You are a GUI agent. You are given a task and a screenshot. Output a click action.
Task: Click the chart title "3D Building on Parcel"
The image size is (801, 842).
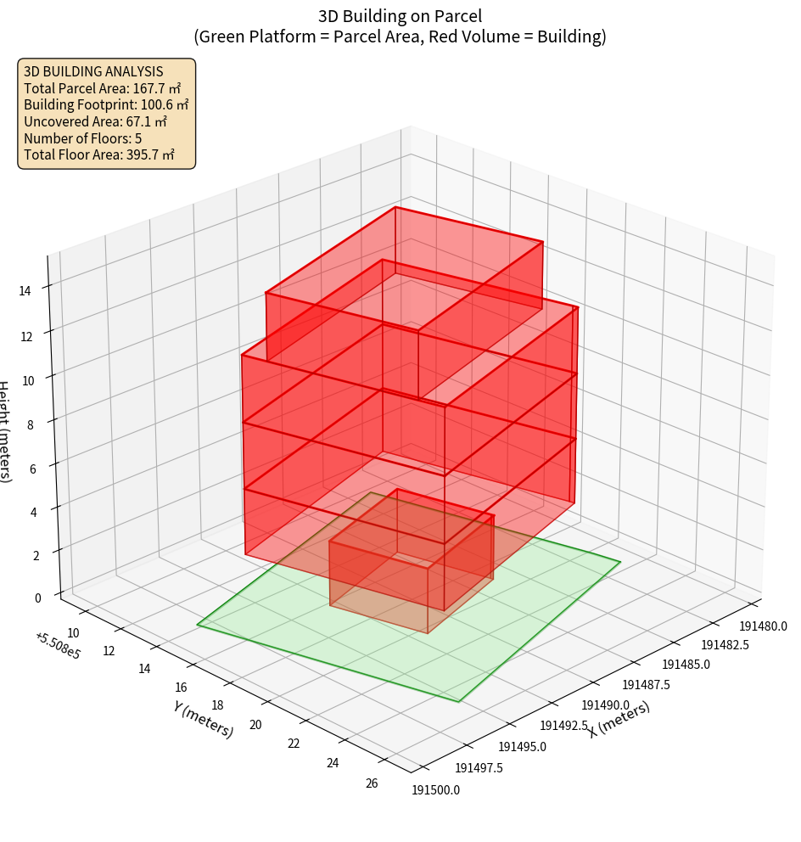point(400,16)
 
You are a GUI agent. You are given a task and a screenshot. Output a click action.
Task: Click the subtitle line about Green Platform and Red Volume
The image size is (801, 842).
point(400,36)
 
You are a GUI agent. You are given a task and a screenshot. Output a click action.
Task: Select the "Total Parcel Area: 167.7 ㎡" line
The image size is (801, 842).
point(102,87)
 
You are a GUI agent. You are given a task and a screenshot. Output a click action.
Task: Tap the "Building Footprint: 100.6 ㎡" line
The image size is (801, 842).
point(106,104)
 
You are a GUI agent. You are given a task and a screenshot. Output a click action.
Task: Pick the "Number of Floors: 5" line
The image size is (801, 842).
point(83,138)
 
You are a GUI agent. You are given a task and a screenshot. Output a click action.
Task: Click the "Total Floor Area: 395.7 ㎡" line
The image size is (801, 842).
point(99,154)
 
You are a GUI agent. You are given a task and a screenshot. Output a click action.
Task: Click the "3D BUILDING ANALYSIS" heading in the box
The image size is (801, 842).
point(93,71)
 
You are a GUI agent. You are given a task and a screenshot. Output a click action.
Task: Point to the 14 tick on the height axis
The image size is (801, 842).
point(25,290)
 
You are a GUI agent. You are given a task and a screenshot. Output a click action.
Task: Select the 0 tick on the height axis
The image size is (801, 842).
point(37,598)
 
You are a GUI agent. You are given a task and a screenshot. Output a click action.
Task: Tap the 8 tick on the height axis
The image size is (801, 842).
point(31,424)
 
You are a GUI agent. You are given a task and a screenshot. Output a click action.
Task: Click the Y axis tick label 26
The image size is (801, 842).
point(372,783)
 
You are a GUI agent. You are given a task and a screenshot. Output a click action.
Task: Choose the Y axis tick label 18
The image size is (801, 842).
point(217,704)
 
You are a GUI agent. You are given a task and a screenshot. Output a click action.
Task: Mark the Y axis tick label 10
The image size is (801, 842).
point(73,632)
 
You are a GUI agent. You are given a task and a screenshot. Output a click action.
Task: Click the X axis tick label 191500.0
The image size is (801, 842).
point(436,790)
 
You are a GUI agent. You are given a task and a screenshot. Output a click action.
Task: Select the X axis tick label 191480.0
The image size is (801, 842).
point(764,626)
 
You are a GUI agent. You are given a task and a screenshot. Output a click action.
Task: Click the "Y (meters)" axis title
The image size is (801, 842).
point(204,719)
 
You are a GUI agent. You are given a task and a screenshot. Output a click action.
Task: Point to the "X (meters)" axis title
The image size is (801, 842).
point(619,719)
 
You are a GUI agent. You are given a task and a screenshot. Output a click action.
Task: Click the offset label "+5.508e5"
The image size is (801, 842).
point(59,645)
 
